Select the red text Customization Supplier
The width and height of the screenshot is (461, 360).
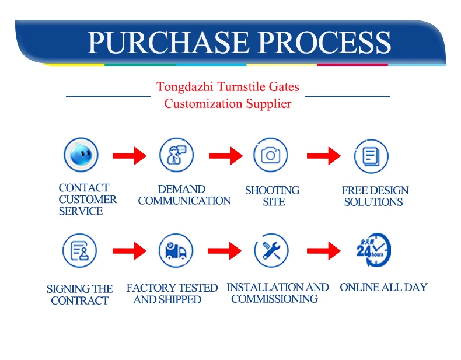(x=228, y=104)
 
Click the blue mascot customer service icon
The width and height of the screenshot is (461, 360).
(x=81, y=155)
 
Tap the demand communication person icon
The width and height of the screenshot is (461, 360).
(x=176, y=155)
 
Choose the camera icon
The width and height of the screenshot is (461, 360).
(x=270, y=155)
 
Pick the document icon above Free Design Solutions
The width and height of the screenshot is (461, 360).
(x=371, y=156)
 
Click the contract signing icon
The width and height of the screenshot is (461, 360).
(x=79, y=251)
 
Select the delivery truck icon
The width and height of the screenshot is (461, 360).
(x=176, y=251)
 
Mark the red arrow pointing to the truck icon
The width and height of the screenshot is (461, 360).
(x=129, y=251)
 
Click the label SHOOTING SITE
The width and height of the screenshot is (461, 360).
(x=273, y=196)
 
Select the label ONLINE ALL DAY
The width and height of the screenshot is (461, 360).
(x=383, y=287)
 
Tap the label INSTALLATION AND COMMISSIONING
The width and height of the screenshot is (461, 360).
(x=277, y=293)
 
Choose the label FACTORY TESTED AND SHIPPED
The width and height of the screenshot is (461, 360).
(x=172, y=293)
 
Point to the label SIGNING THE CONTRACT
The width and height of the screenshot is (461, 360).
(x=80, y=295)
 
